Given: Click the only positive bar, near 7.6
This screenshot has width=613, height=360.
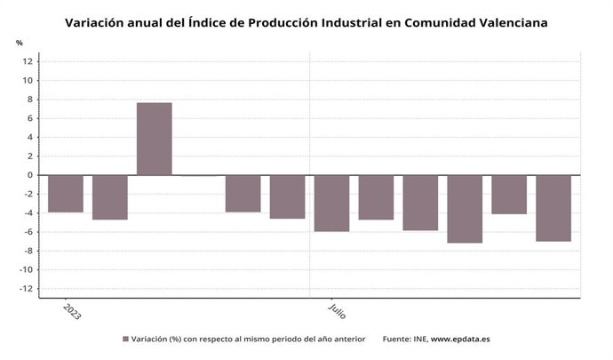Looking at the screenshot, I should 154,139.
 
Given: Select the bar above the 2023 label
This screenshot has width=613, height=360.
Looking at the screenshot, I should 66,194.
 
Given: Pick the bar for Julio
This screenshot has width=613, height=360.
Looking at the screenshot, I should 331,204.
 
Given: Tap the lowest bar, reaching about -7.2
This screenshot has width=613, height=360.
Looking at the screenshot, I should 465,209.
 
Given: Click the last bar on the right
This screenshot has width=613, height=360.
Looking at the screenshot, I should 553,208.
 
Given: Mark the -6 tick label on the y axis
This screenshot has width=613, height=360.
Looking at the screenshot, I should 28,232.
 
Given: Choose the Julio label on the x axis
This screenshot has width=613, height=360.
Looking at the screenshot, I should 337,311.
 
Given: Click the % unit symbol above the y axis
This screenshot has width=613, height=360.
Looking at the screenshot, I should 19,43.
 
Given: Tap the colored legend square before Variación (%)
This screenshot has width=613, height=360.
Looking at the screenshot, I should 125,340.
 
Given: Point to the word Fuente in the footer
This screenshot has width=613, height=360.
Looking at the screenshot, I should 396,340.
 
